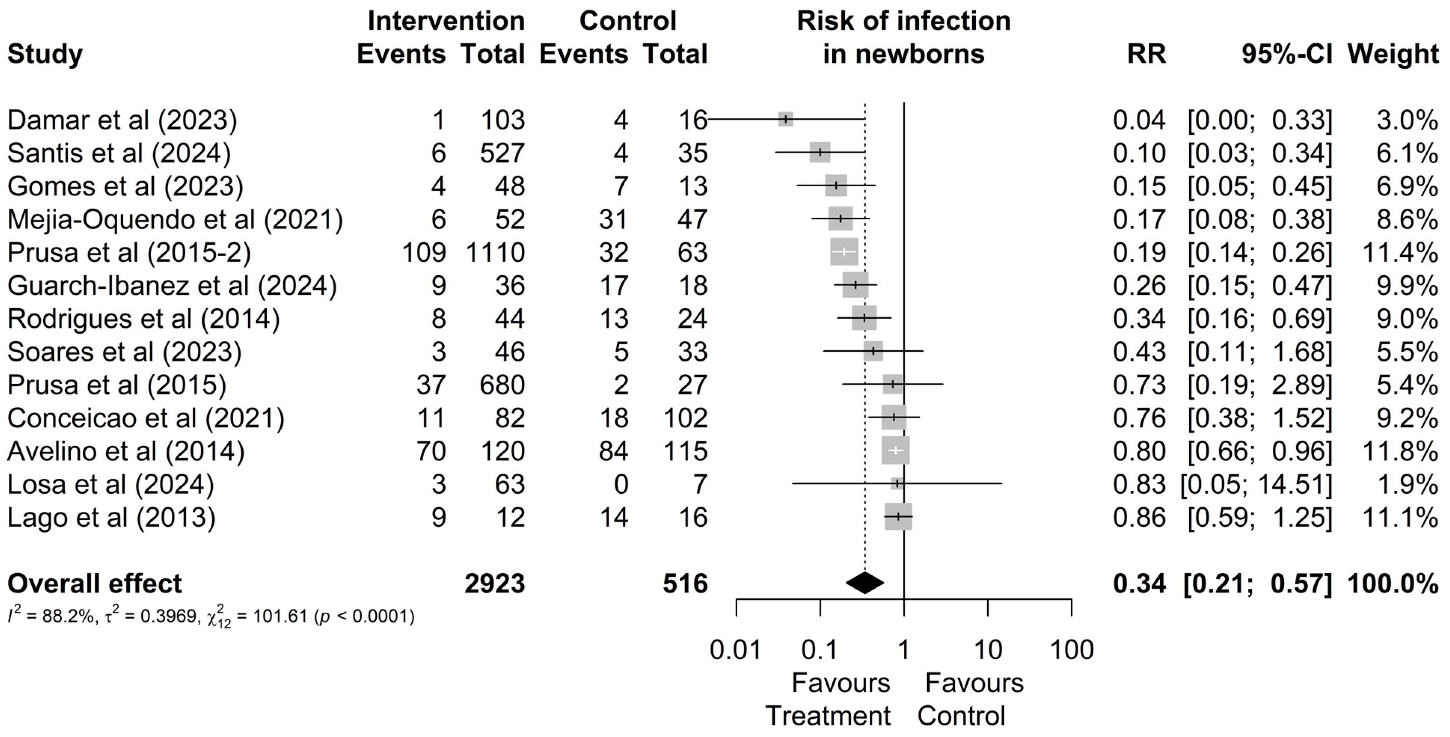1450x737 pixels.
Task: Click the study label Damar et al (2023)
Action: pyautogui.click(x=122, y=120)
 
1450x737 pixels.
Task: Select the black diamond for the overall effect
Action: pyautogui.click(x=865, y=583)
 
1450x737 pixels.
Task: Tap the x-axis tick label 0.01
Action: pyautogui.click(x=736, y=650)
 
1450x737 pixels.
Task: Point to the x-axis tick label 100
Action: pyautogui.click(x=1072, y=650)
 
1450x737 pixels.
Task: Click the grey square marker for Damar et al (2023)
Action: pyautogui.click(x=785, y=119)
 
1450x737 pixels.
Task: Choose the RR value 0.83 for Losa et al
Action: pyautogui.click(x=1139, y=484)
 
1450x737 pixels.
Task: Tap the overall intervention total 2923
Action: pyautogui.click(x=494, y=583)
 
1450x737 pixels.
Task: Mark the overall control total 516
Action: pyautogui.click(x=684, y=583)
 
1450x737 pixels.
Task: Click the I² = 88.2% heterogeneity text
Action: pyautogui.click(x=50, y=617)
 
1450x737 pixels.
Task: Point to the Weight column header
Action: pyautogui.click(x=1393, y=54)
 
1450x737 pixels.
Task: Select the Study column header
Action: pyautogui.click(x=45, y=54)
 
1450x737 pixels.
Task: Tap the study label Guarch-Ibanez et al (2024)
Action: pyautogui.click(x=172, y=285)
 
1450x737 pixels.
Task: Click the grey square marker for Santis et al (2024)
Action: pyautogui.click(x=820, y=153)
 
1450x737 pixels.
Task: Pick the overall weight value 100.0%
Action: pyautogui.click(x=1393, y=583)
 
